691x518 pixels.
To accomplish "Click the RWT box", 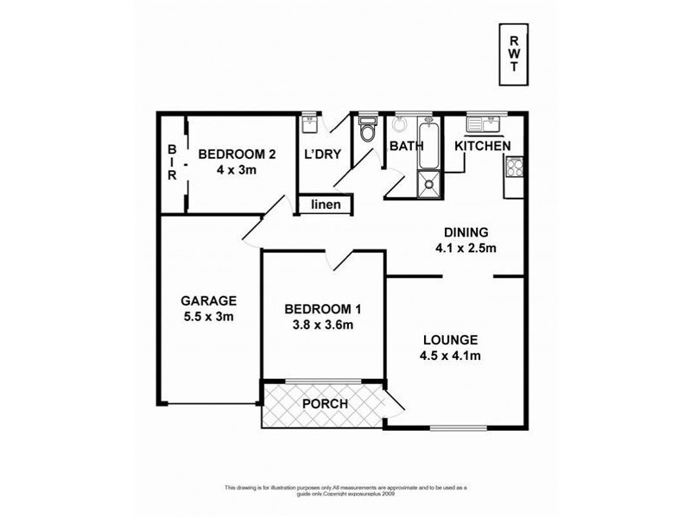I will (514, 55).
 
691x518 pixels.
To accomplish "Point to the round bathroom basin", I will (399, 123).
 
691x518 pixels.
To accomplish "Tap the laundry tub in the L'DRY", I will (310, 124).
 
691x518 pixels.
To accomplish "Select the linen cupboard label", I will (326, 205).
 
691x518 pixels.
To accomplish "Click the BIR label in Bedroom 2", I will (172, 161).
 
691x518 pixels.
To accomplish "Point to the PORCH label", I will (325, 404).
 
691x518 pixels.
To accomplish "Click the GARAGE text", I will (208, 301).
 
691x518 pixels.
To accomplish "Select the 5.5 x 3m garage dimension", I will (208, 316).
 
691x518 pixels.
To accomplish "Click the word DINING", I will (466, 231).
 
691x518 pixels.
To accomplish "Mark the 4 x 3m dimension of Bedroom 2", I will (237, 170).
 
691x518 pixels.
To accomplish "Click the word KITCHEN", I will (483, 146).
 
